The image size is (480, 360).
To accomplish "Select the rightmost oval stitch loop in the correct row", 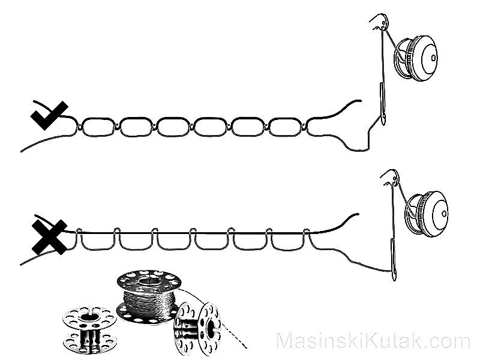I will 287,126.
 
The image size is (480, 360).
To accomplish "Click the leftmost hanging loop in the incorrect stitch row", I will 98,241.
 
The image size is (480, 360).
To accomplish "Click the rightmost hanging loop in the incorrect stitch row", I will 288,241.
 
